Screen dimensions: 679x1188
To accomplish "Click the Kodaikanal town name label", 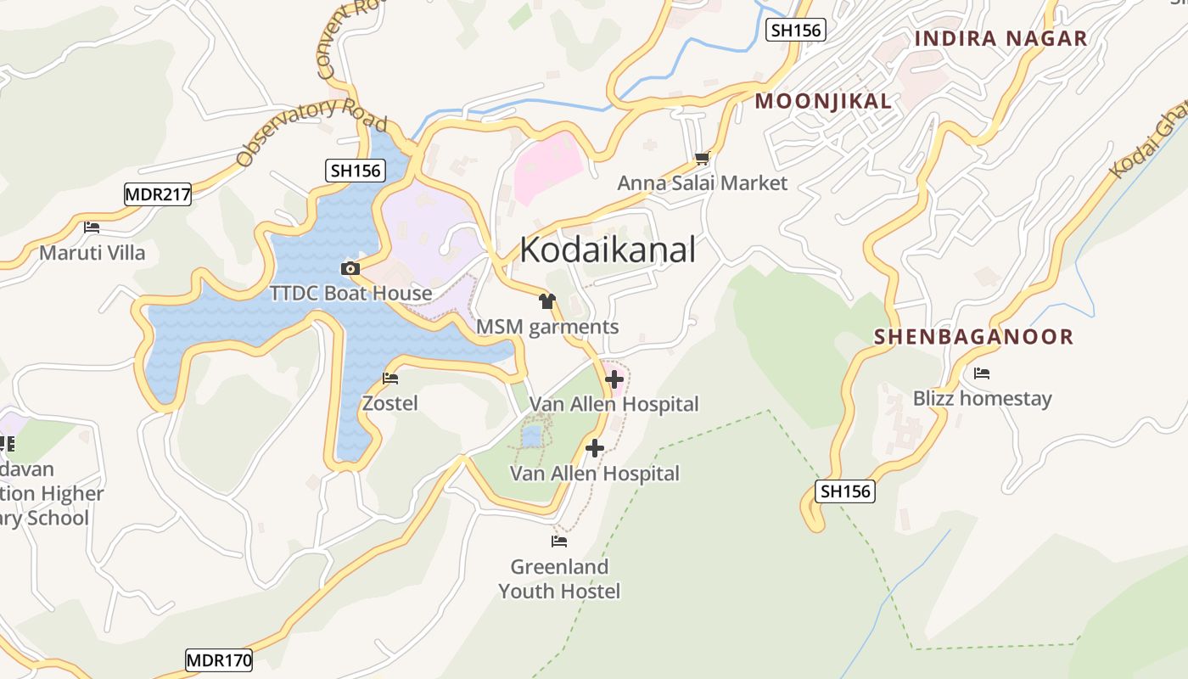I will click(x=608, y=250).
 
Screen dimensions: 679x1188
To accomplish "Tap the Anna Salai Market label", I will click(x=702, y=182).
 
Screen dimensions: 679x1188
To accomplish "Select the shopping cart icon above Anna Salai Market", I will click(x=702, y=158).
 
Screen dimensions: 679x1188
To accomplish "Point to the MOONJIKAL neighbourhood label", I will click(x=823, y=102).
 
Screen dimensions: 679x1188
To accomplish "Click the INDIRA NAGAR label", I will click(x=1000, y=38).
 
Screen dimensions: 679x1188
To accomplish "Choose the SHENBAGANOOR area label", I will click(x=973, y=337).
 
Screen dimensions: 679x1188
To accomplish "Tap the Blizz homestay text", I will click(x=982, y=398).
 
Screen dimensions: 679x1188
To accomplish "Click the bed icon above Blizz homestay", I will click(x=982, y=373).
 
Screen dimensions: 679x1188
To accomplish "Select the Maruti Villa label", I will click(x=92, y=252).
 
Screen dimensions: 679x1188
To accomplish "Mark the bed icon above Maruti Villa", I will click(x=92, y=227).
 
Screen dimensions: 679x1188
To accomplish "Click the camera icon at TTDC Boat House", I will click(x=350, y=269).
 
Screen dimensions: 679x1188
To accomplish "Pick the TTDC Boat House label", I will click(x=350, y=294).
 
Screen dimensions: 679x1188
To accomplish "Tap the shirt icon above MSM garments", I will click(x=547, y=301).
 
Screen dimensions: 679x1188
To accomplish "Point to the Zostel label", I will click(x=390, y=403).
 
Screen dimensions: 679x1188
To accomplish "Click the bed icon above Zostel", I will click(x=390, y=379).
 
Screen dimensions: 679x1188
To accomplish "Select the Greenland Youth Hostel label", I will click(x=559, y=579).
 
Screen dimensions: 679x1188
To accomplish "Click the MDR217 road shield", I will click(x=158, y=194).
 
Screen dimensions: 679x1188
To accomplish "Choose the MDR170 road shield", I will click(x=219, y=660).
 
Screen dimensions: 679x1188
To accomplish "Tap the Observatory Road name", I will click(x=311, y=132).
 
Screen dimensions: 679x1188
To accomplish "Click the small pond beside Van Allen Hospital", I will click(x=531, y=436).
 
